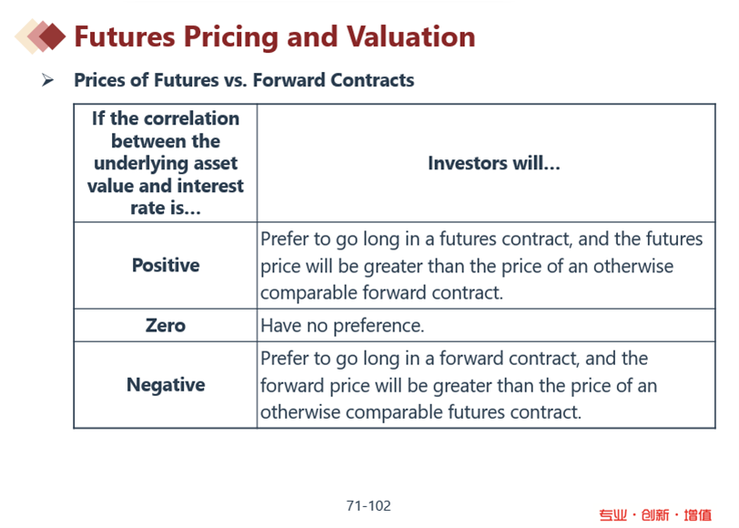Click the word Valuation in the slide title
coord(411,36)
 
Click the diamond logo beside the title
coord(41,36)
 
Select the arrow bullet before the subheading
coord(47,80)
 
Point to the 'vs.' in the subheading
coord(236,81)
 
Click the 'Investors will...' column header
coord(494,163)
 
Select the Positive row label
coord(166,265)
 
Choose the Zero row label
coord(166,325)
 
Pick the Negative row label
coord(166,385)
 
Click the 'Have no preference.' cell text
coord(342,326)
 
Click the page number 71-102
coord(369,506)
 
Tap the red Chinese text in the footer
coord(655,515)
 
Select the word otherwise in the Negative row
coord(300,412)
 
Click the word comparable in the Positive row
coord(309,293)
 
